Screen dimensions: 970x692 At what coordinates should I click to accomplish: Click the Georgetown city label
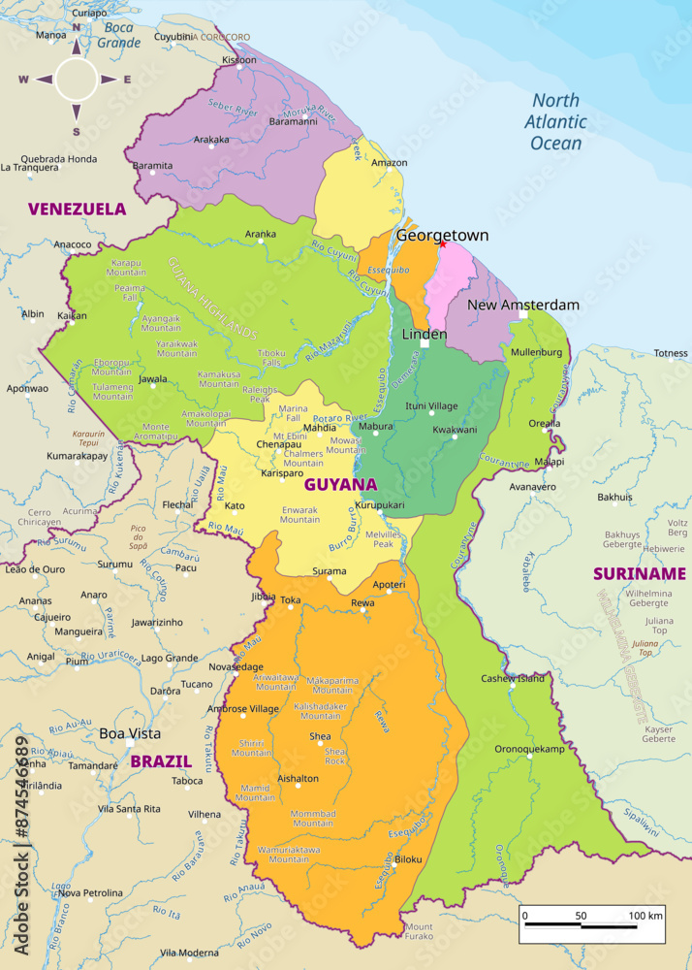(442, 236)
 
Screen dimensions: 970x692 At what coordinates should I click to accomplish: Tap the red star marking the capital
(442, 243)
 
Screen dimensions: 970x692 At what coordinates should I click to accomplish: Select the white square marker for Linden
(425, 342)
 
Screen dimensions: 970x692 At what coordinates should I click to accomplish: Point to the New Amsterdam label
(523, 305)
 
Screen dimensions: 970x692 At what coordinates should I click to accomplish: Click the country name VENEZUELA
(77, 209)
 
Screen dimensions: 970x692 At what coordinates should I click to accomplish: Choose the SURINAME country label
(640, 573)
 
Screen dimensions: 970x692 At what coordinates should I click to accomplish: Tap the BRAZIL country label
(161, 761)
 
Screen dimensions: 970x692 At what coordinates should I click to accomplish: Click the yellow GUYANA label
(340, 484)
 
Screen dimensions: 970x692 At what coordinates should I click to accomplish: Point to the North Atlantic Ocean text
(555, 122)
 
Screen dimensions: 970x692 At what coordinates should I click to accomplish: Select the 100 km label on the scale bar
(645, 915)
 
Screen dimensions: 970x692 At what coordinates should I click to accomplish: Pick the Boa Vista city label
(130, 733)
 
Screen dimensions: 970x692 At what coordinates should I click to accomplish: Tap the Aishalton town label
(298, 778)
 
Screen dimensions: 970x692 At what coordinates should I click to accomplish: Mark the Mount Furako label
(419, 932)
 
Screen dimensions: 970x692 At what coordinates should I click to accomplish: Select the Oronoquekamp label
(529, 749)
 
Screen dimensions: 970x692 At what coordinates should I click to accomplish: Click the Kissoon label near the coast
(239, 60)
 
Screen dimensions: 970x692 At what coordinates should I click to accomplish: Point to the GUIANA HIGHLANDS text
(213, 298)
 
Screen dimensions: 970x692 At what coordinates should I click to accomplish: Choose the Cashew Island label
(513, 678)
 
